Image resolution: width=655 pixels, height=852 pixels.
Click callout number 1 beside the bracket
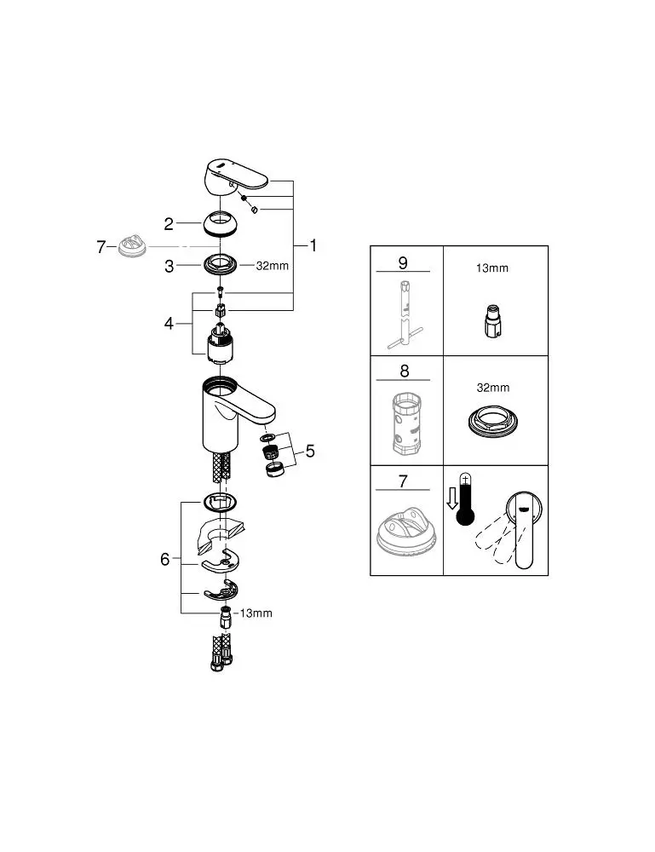click(x=313, y=245)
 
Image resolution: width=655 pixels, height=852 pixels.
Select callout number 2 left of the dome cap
click(x=169, y=224)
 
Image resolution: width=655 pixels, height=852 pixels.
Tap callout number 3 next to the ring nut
click(x=169, y=266)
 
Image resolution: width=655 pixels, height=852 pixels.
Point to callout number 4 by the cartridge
click(x=169, y=324)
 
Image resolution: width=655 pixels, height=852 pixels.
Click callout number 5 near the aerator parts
click(x=310, y=451)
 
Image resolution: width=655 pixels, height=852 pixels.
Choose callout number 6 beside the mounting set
click(x=165, y=559)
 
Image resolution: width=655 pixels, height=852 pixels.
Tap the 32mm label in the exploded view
click(x=273, y=266)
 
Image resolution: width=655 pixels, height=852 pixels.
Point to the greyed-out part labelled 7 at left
click(x=133, y=246)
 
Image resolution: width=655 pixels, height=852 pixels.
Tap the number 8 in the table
click(x=404, y=371)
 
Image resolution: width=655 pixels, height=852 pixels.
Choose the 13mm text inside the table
click(x=491, y=268)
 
